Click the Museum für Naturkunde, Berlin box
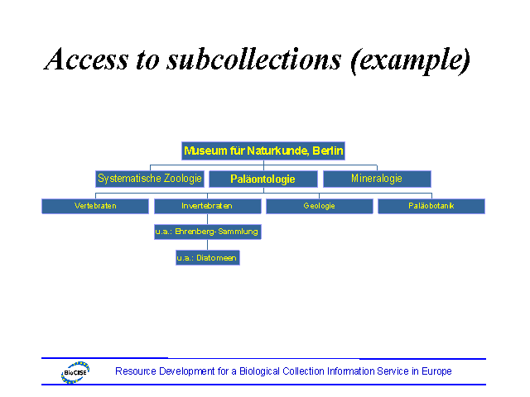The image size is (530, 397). (263, 151)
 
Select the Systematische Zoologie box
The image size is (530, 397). (150, 178)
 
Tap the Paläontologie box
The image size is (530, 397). (263, 179)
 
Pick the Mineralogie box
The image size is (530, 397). (376, 178)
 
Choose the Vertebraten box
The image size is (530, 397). (94, 206)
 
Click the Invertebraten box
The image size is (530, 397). (206, 206)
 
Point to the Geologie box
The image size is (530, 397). (319, 206)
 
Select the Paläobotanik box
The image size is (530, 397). (431, 206)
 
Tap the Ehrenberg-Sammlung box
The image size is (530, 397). (207, 232)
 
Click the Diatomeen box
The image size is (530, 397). (207, 258)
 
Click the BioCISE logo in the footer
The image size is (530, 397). (75, 372)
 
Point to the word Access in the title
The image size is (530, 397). (86, 60)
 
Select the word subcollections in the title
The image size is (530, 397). (248, 60)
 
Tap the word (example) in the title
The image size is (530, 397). (410, 60)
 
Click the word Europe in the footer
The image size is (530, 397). (435, 371)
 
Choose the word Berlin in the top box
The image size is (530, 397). (327, 151)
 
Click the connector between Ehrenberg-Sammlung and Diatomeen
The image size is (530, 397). (207, 245)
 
